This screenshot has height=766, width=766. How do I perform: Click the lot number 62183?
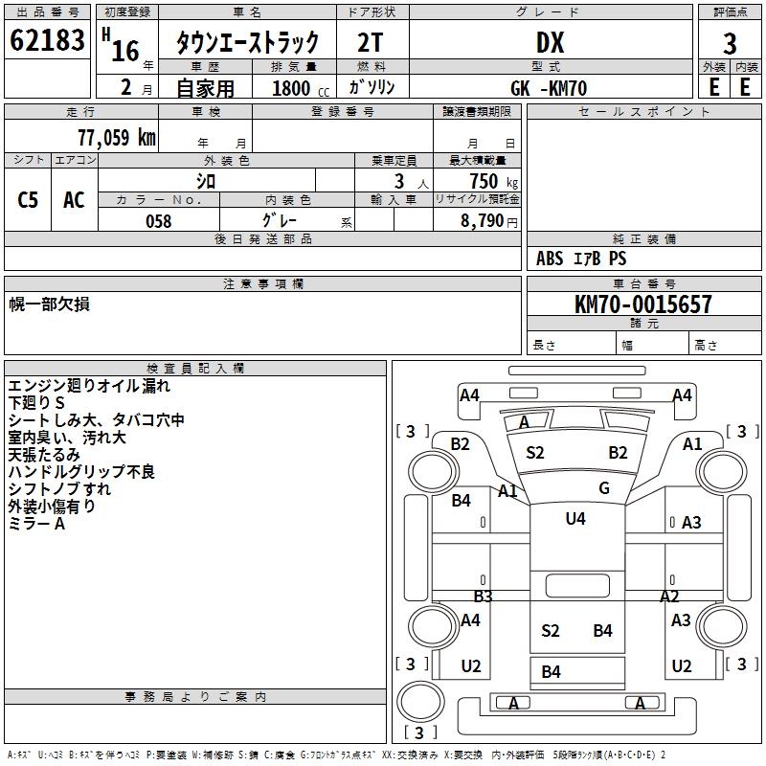click(x=48, y=41)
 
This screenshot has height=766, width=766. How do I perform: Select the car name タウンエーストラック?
click(x=246, y=42)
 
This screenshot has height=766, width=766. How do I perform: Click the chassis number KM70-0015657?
click(x=643, y=304)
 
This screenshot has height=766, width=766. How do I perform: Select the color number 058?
click(x=158, y=221)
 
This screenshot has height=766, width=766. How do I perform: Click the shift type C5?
click(x=29, y=200)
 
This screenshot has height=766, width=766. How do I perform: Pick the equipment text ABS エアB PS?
click(x=581, y=259)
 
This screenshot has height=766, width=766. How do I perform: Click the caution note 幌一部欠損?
click(x=50, y=304)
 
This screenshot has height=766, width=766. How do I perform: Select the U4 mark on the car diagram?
click(x=574, y=519)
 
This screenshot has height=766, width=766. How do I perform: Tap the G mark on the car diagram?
click(x=604, y=488)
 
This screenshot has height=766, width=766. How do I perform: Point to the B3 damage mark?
click(x=483, y=597)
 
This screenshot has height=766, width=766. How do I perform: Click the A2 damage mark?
click(x=669, y=597)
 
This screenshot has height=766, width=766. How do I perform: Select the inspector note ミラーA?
click(x=37, y=524)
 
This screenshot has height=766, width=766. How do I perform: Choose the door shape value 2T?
click(x=372, y=42)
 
